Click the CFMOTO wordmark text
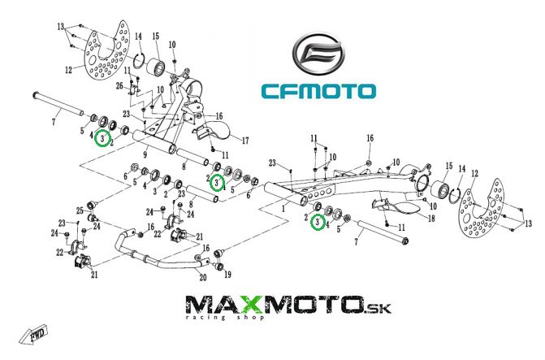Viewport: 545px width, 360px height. coord(318,90)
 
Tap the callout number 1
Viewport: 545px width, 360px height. coord(283,207)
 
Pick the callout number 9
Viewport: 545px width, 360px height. coord(145,153)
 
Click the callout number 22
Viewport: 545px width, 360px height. coord(60,253)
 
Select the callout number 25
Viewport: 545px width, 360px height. coord(80,212)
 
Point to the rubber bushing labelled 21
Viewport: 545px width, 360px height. coord(79,262)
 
